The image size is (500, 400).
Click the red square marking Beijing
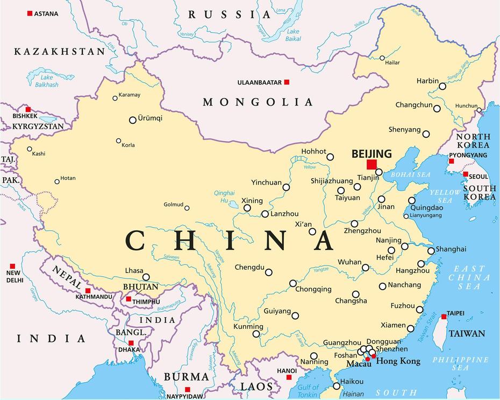click(x=372, y=164)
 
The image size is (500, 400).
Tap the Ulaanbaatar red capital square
click(x=287, y=82)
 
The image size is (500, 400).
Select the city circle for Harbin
click(x=442, y=86)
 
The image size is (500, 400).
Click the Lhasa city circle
click(x=146, y=277)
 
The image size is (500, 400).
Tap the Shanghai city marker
click(x=431, y=251)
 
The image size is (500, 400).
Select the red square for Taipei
click(x=444, y=317)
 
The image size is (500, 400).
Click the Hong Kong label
click(x=398, y=361)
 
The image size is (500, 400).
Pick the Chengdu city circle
click(x=269, y=272)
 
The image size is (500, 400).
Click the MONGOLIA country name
click(x=258, y=102)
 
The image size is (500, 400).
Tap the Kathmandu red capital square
click(x=88, y=291)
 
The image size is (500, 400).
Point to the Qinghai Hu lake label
click(x=224, y=197)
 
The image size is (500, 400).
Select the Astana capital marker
click(x=30, y=13)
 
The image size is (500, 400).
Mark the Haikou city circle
click(x=337, y=385)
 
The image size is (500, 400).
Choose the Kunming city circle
click(x=256, y=334)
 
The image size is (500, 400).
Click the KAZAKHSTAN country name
click(x=59, y=52)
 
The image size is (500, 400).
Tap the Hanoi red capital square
click(x=289, y=377)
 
